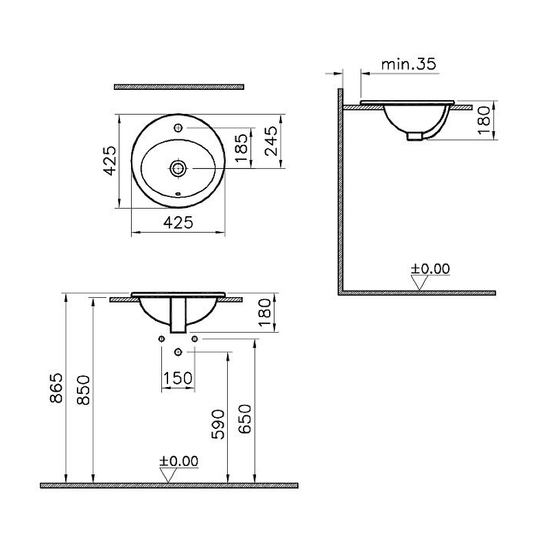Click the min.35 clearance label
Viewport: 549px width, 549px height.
pos(408,65)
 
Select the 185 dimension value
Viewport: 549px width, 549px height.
pos(242,148)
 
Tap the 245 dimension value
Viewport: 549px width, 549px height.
pos(271,141)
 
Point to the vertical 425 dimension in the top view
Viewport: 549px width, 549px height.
pos(110,161)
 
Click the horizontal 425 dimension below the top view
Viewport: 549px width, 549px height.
pos(178,222)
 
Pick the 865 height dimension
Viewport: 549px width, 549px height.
pos(56,388)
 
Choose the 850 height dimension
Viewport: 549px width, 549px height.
pos(83,390)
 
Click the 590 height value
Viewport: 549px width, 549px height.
pos(218,424)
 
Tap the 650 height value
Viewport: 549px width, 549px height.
pos(245,419)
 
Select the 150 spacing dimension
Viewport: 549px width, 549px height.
pos(178,378)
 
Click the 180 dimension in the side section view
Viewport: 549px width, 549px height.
pos(484,121)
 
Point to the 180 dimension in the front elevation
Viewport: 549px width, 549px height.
pos(266,312)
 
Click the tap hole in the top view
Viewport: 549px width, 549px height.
pos(178,128)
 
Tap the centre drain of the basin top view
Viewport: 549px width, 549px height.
pos(178,168)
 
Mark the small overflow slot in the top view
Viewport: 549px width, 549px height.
pos(178,193)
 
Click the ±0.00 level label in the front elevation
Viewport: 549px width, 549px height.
pos(178,461)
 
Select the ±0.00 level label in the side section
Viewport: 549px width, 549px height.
pos(430,268)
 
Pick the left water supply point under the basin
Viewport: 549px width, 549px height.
pos(161,338)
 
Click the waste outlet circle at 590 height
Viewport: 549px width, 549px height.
pos(178,351)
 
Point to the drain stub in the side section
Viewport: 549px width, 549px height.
pos(414,136)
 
